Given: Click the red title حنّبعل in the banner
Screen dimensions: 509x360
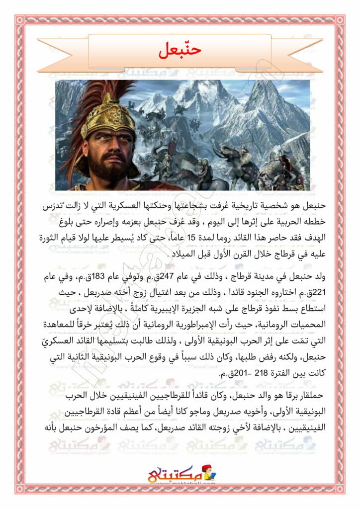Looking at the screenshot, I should tap(180, 50).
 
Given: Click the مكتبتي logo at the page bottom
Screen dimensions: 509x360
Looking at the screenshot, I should tap(180, 476).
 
